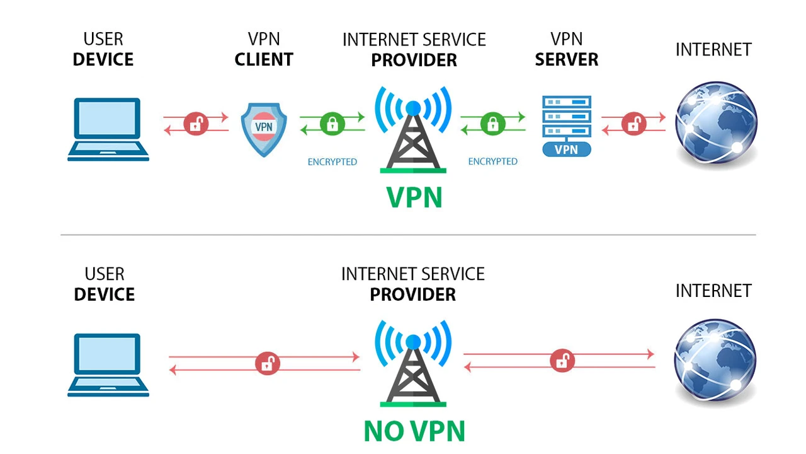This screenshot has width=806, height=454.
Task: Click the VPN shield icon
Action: pyautogui.click(x=264, y=130)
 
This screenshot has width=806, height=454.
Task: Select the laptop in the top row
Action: pyautogui.click(x=108, y=129)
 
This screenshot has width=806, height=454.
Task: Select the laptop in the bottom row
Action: pyautogui.click(x=108, y=364)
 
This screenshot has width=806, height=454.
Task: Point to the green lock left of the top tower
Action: pyautogui.click(x=332, y=123)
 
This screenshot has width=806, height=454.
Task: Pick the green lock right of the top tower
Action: pyautogui.click(x=493, y=123)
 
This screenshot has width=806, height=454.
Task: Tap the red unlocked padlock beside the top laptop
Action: pyautogui.click(x=196, y=124)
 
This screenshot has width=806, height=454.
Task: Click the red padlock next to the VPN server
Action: pyautogui.click(x=633, y=124)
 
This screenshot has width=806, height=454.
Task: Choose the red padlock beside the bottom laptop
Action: pyautogui.click(x=268, y=363)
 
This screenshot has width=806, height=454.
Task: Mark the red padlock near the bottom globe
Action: pyautogui.click(x=562, y=361)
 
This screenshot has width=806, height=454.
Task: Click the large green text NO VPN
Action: pyautogui.click(x=414, y=431)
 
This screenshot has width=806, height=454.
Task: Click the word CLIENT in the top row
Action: pyautogui.click(x=264, y=60)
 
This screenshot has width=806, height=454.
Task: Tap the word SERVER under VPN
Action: pyautogui.click(x=566, y=60)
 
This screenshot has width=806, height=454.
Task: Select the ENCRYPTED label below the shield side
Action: pyautogui.click(x=332, y=162)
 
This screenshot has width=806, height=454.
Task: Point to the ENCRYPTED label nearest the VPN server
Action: pyautogui.click(x=492, y=161)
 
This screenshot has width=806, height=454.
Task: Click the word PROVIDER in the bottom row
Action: pyautogui.click(x=412, y=294)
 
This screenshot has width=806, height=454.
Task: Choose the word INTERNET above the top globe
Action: pyautogui.click(x=713, y=50)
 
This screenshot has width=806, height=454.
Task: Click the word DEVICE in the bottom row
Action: pyautogui.click(x=104, y=294)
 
